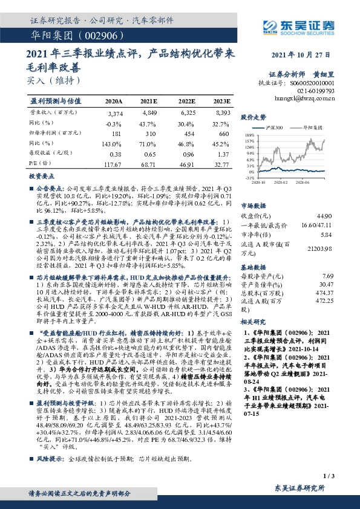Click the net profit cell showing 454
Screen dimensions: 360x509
[x=188, y=134]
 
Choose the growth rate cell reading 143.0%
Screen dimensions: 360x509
[x=114, y=144]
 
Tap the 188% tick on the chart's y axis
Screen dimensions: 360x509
[x=249, y=136]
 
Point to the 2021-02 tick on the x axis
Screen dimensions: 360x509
[x=280, y=181]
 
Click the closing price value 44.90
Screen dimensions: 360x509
[x=326, y=216]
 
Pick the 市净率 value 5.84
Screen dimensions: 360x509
[x=326, y=234]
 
